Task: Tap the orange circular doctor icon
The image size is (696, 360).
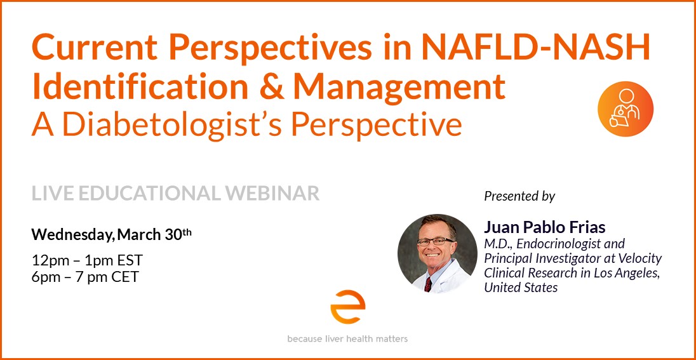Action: (x=625, y=109)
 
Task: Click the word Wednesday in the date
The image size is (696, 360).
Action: (x=70, y=234)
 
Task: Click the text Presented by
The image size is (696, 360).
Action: (x=519, y=196)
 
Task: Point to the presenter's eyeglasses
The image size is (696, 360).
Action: (x=436, y=242)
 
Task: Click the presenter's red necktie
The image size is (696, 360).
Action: (x=428, y=284)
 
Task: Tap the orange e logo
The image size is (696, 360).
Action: (x=347, y=307)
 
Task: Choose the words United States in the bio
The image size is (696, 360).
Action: (x=521, y=288)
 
